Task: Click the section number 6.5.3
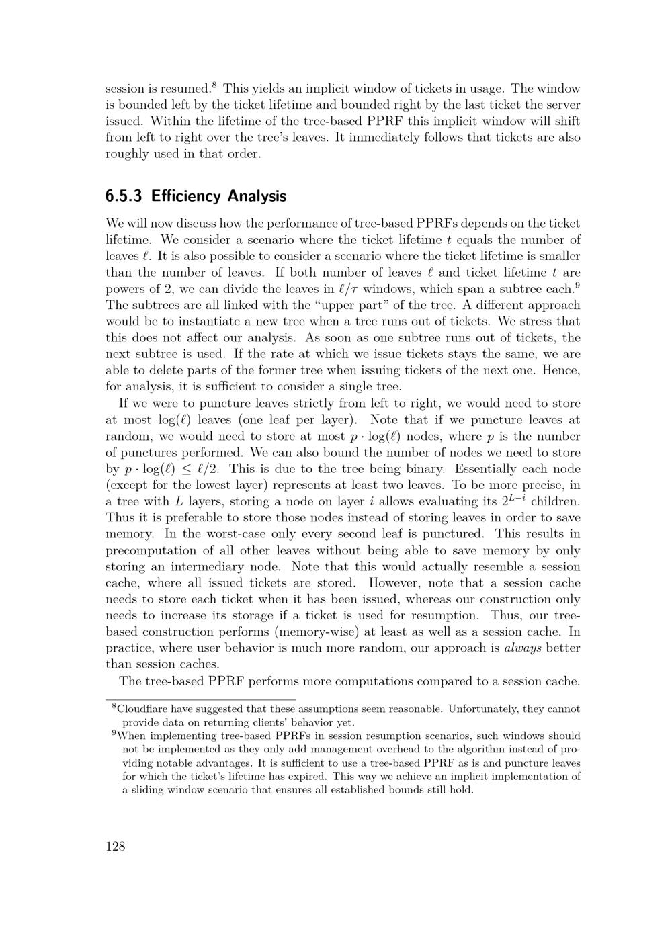(125, 196)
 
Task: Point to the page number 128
(116, 846)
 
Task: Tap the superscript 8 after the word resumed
(214, 85)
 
